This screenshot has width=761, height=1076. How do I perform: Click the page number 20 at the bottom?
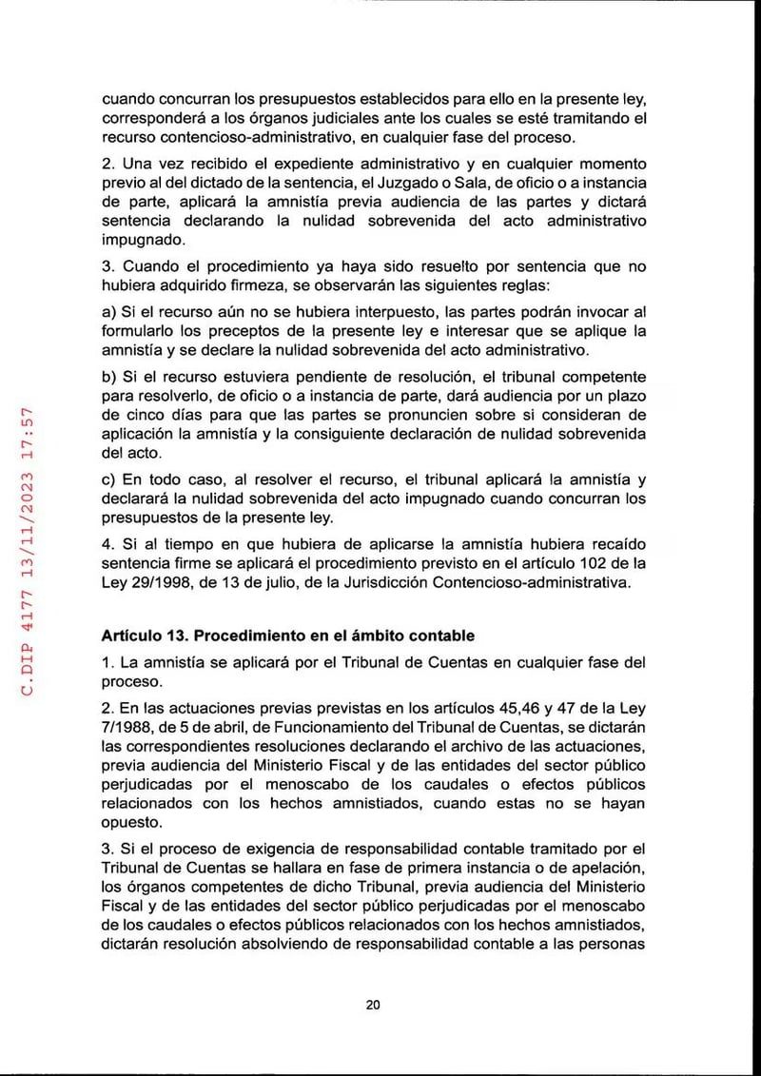[x=373, y=1005]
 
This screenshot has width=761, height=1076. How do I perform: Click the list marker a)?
[x=109, y=313]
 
